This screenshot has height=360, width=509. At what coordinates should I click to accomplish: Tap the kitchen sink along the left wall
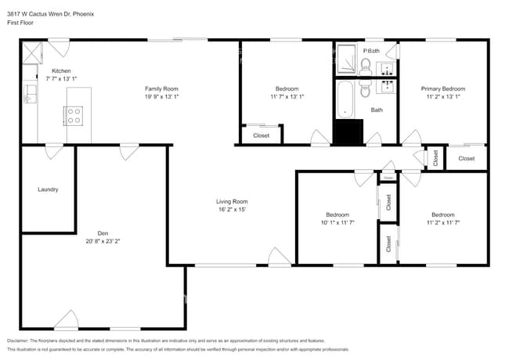29,94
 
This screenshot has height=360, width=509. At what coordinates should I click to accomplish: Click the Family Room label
161,88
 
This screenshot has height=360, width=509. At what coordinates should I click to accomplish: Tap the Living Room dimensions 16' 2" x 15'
232,210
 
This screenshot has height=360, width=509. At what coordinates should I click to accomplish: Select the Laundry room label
48,189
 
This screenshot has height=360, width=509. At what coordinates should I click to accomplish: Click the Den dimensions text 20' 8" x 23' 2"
103,241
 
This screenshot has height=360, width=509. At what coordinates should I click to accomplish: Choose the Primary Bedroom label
443,88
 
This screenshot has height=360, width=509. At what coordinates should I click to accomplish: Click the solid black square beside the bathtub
348,132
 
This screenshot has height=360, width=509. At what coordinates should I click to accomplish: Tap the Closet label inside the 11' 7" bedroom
262,135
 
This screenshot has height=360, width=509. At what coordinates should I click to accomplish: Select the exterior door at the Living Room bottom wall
279,257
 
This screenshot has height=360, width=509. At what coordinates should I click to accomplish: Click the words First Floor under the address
22,23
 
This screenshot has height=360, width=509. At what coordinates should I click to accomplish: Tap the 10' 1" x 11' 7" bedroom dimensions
338,223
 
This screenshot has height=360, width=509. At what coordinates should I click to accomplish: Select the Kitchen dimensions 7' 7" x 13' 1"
61,79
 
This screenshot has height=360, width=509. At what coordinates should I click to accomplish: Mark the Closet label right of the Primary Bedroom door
466,159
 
